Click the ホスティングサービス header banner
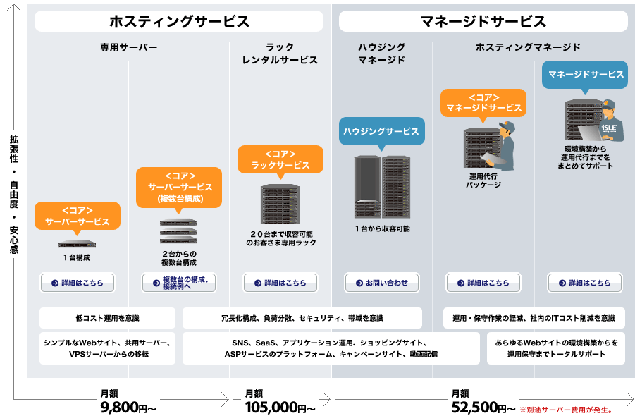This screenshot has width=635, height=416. pos(179,21)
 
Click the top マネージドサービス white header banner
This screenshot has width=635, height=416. pos(483,21)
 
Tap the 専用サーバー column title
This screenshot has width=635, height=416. pos(129,47)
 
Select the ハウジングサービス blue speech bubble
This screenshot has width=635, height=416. pos(381,131)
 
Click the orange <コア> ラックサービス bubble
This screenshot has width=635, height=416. pos(280,159)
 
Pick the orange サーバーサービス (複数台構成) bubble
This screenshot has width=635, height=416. pos(179,188)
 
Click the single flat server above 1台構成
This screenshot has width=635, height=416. pos(77,244)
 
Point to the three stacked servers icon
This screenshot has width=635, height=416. pos(178,231)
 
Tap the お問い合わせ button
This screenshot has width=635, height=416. pos(382,283)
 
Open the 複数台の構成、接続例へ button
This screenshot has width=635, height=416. pos(179,283)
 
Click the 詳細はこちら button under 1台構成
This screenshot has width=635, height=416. pos(78,283)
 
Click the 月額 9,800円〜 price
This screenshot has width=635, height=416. pos(128,401)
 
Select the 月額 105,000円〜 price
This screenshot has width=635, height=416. pos(280,401)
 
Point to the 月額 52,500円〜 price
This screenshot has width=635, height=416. pos(483,401)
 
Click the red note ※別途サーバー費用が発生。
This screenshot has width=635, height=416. pos(566,410)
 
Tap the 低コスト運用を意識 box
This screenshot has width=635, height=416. pos(107,318)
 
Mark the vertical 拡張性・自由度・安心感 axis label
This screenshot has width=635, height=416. pos(14,195)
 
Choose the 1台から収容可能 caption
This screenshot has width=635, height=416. pos(382,229)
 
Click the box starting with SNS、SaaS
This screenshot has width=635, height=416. pos(331,348)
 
